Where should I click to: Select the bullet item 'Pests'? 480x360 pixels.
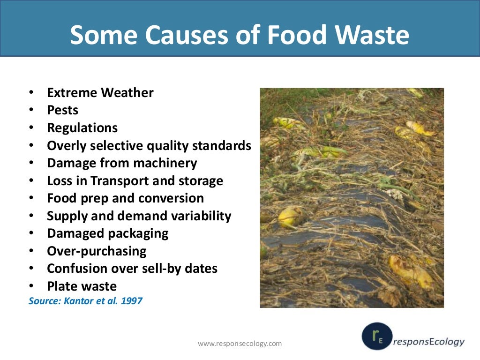(62, 110)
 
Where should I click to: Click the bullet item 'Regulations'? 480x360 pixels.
(82, 127)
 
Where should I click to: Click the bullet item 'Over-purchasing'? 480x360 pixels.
(97, 251)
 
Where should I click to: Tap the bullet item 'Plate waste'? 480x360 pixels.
(82, 286)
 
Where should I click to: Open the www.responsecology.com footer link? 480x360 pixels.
(240, 344)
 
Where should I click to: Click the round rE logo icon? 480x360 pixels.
(377, 336)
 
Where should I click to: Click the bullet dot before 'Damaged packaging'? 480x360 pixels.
(31, 233)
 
